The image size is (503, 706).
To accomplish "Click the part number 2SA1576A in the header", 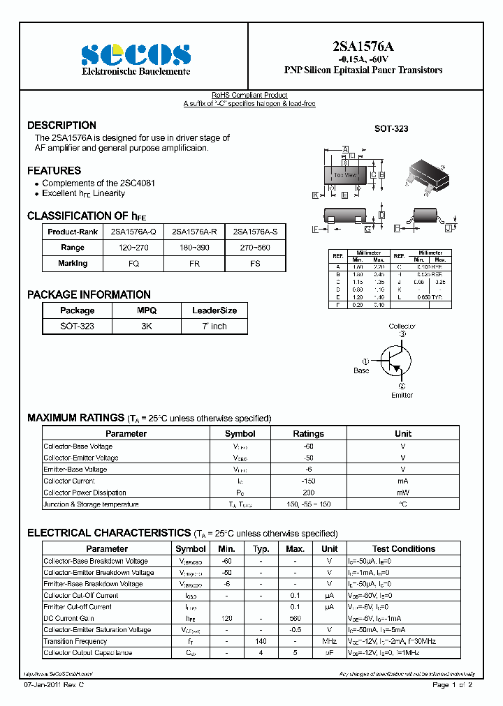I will click(x=363, y=47).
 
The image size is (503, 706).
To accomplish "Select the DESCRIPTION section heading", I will click(x=61, y=126).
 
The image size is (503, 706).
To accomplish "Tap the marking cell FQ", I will click(x=133, y=264).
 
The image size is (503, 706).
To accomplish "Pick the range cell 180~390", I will click(x=194, y=248).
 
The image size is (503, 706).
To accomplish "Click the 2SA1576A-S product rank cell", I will click(x=255, y=231).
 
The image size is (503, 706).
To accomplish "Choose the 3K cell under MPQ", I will click(x=147, y=326).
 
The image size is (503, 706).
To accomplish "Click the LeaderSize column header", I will click(x=214, y=310).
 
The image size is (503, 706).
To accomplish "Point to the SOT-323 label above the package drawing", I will click(x=391, y=129).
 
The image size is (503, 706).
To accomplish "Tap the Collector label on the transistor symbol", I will click(x=402, y=326).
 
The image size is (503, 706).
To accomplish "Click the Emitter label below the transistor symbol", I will click(x=402, y=395).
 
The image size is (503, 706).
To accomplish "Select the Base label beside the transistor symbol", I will click(x=361, y=370).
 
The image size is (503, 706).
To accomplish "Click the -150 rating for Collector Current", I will click(x=308, y=481).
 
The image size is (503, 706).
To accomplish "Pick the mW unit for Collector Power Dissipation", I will click(x=402, y=493).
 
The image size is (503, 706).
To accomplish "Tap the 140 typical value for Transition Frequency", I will click(x=261, y=641).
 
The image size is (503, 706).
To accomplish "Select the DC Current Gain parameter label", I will click(x=68, y=618).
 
